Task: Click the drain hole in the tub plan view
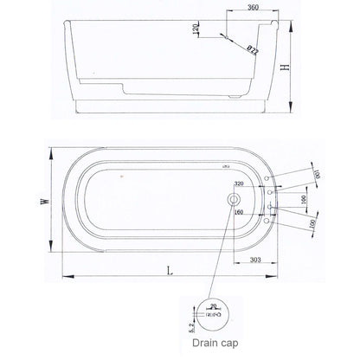pos(231,199)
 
